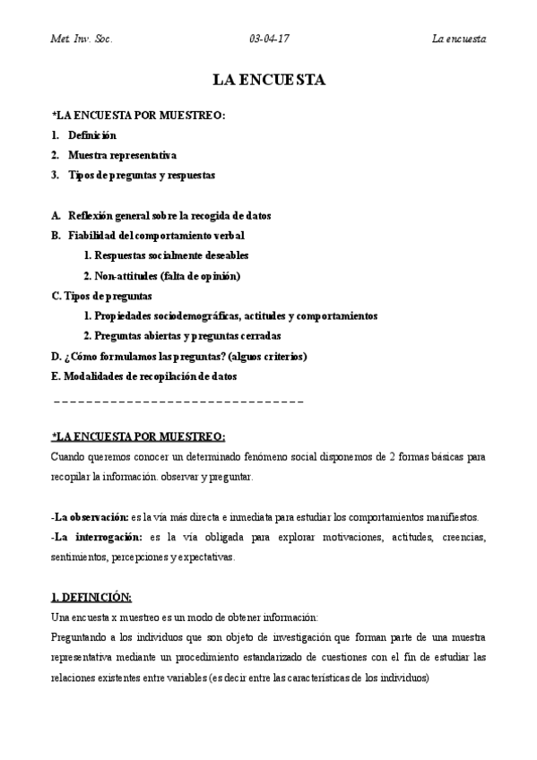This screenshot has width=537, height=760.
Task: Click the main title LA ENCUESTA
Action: click(269, 81)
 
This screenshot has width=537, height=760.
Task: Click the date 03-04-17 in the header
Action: click(270, 39)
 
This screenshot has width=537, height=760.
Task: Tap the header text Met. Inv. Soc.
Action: click(81, 39)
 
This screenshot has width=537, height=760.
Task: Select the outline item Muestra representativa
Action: click(122, 155)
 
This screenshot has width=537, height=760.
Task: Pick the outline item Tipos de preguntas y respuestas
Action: click(141, 175)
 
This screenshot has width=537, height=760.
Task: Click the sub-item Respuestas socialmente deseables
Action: click(166, 255)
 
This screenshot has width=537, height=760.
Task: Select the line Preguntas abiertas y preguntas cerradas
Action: click(182, 336)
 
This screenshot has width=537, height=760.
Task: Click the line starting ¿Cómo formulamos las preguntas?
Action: click(179, 356)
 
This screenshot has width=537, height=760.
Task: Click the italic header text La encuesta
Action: click(459, 39)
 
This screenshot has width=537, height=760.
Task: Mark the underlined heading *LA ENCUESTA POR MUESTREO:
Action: click(138, 436)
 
